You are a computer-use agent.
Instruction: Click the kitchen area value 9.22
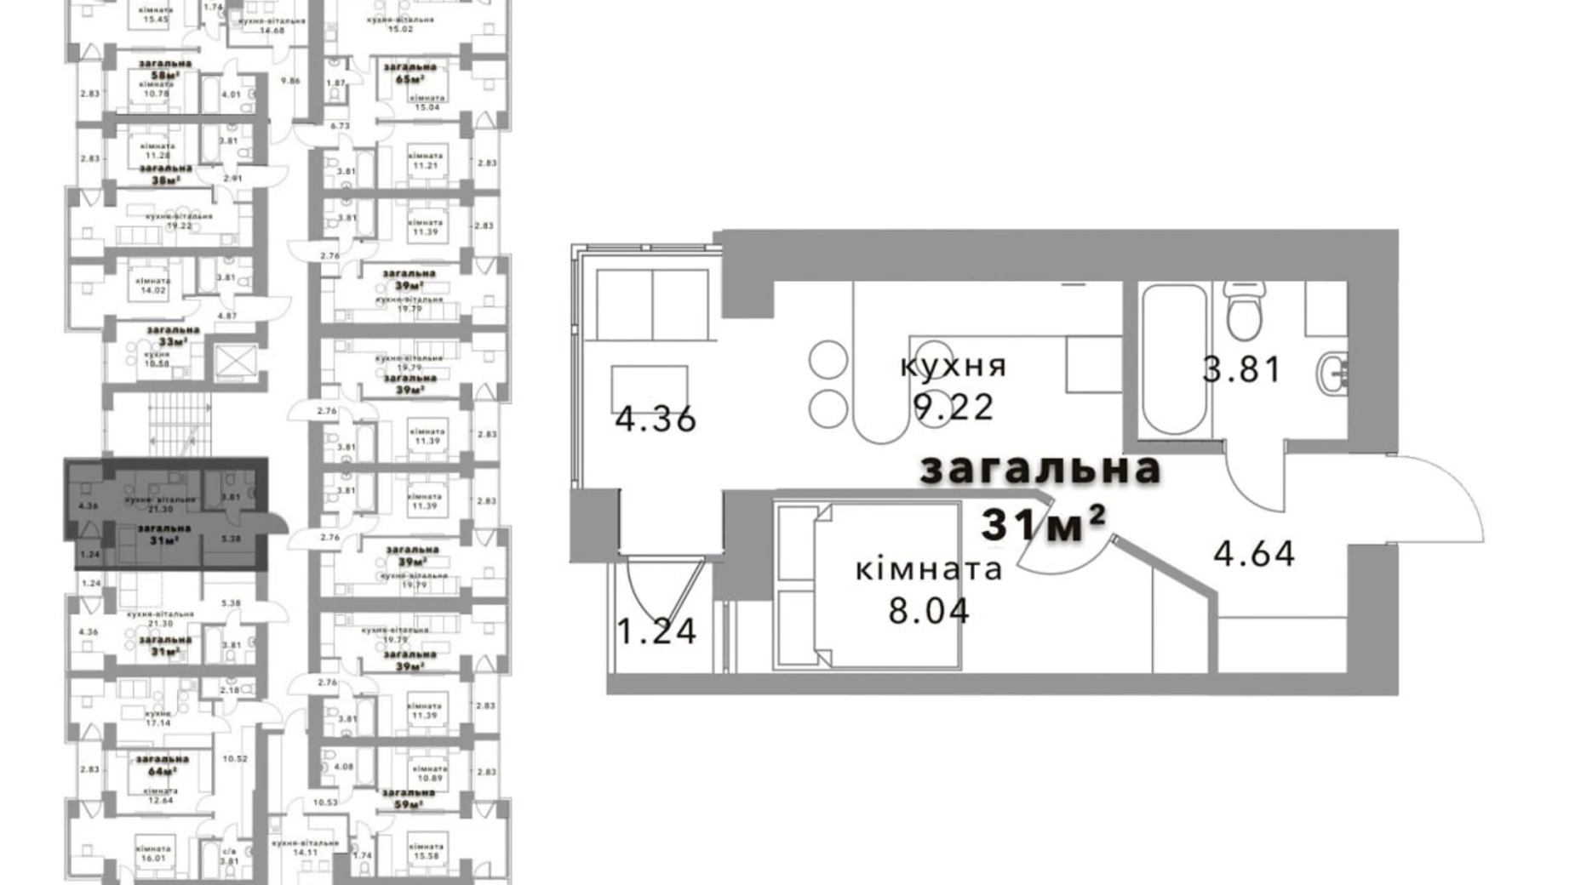[x=954, y=408]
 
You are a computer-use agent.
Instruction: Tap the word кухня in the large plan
[x=954, y=367]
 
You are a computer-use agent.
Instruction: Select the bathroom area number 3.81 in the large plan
[x=1241, y=369]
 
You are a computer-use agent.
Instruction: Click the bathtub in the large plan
[x=1174, y=359]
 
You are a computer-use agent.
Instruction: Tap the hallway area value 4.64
[x=1254, y=554]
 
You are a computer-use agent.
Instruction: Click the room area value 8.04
[x=929, y=611]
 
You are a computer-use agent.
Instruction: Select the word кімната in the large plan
[x=929, y=569]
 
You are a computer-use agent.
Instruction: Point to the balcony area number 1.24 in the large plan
[x=656, y=631]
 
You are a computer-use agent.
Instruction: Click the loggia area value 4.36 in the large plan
[x=656, y=419]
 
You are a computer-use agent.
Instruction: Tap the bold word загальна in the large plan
[x=1040, y=469]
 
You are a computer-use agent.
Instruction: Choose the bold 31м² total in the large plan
[x=1044, y=523]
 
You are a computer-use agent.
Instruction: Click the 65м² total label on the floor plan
[x=409, y=79]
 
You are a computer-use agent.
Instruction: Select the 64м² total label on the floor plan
[x=162, y=771]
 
